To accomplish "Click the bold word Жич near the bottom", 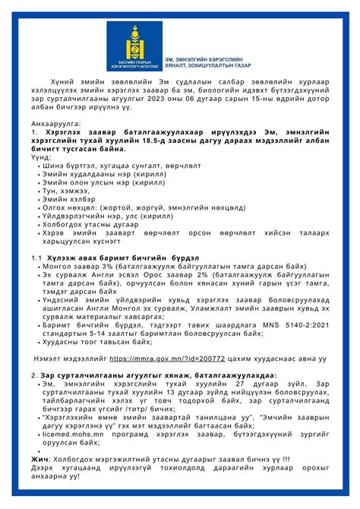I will point(39,459).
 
